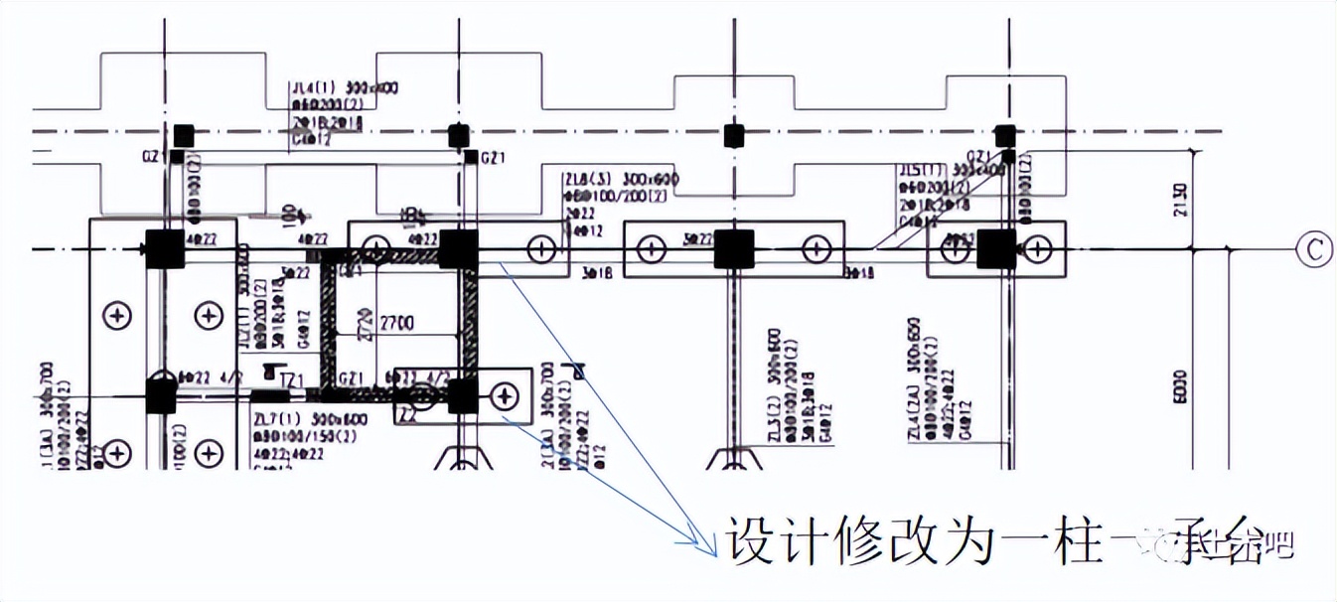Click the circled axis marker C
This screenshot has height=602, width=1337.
(x=1313, y=249)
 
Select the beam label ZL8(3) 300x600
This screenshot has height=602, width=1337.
(x=606, y=179)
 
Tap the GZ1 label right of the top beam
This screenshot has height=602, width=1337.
(x=494, y=158)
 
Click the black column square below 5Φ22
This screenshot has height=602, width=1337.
(x=734, y=249)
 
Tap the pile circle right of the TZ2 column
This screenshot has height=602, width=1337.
(x=506, y=396)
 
